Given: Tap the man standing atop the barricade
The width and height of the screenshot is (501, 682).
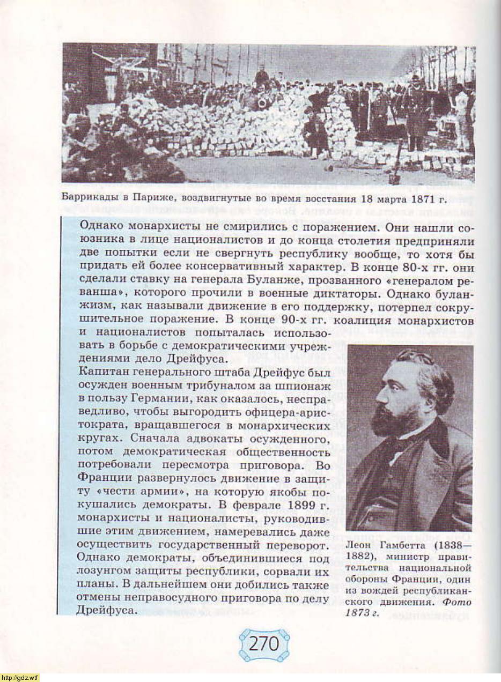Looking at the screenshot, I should (262, 77).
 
